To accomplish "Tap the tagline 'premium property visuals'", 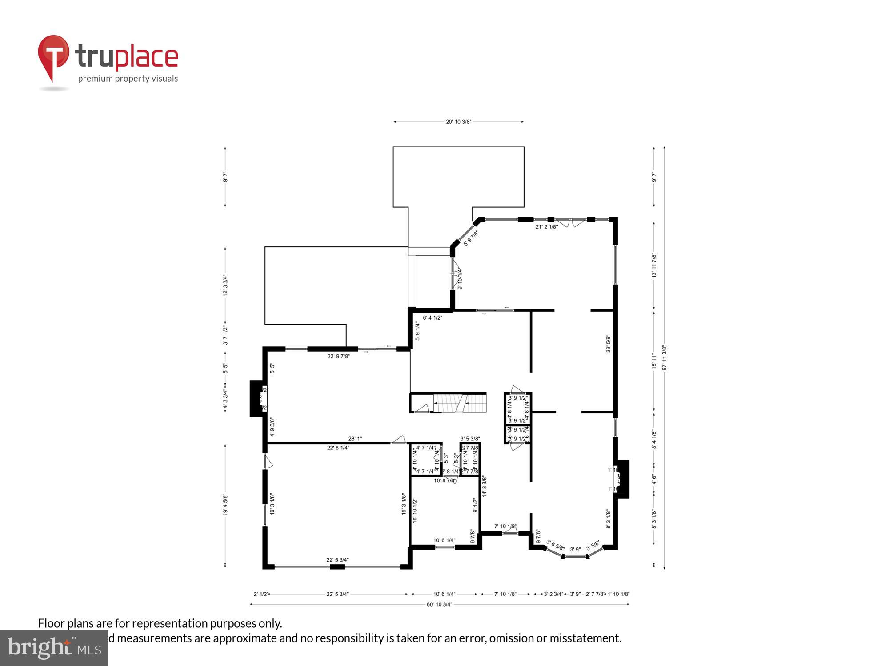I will (128, 79).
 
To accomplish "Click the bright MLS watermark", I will (54, 648).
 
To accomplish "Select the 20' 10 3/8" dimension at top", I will (458, 122).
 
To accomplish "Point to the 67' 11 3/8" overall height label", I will (664, 358).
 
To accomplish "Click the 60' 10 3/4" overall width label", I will (439, 604).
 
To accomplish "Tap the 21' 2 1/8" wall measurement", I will (546, 227).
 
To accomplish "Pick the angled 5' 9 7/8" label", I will (471, 238).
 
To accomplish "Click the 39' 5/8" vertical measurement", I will (609, 344).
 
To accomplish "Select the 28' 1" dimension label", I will (355, 439).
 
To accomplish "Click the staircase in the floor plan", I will (460, 403).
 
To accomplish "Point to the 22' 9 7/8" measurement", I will (339, 356).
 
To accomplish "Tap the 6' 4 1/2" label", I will (432, 318).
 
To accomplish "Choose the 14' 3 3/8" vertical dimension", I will (485, 486).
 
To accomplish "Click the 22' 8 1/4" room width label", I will (338, 448).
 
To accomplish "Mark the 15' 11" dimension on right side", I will (654, 361).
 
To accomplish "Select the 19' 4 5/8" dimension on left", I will (226, 505).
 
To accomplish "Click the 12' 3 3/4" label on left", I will (226, 285).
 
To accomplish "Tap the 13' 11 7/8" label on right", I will (654, 265).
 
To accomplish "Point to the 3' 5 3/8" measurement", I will (470, 439).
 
